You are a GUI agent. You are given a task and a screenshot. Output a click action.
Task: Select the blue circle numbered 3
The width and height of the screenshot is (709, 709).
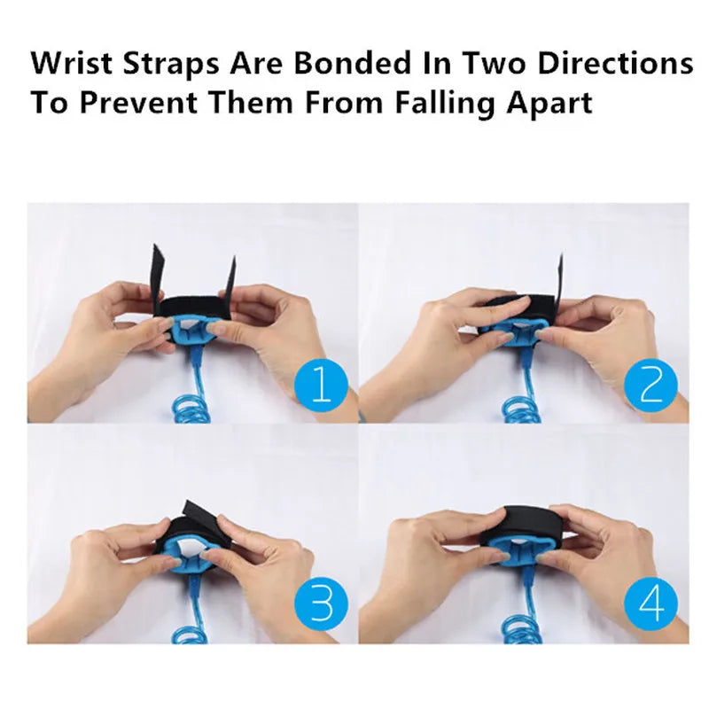coord(321,604)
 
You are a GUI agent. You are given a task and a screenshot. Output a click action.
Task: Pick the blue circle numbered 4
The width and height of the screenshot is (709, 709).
coord(651,604)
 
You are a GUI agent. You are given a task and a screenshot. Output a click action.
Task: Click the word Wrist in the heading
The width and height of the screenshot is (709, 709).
coord(72,62)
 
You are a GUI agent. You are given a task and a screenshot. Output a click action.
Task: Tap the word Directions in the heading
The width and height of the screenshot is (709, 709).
coord(615,62)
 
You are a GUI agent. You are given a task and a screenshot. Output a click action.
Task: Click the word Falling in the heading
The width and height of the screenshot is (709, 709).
coord(445,103)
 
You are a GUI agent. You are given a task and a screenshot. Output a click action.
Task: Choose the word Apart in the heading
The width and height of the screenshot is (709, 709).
coord(549,104)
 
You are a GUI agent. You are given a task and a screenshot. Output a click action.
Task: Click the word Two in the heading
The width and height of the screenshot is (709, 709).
coord(495,62)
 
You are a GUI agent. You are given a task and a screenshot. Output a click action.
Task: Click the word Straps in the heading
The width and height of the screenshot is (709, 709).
coord(171,64)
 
